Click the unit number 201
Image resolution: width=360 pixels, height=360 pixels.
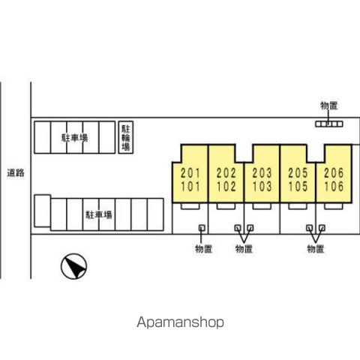coord(190,173)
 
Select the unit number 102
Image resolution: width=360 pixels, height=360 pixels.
coord(226,187)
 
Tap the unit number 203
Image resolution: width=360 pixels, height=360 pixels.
coord(262,173)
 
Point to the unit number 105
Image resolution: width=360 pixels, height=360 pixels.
coord(298,187)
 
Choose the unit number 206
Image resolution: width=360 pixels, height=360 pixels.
coord(334,173)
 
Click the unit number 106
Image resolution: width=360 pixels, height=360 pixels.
coord(334,187)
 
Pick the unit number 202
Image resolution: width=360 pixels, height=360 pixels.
coord(226,173)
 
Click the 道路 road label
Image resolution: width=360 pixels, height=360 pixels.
coord(16,172)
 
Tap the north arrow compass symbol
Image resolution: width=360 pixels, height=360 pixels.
coord(74,266)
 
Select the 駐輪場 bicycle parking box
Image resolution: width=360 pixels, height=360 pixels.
coord(126,137)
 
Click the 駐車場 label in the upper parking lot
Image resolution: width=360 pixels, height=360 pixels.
coord(74,138)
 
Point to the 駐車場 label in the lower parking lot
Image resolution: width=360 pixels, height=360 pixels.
coord(99,214)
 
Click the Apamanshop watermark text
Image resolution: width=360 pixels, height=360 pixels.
coord(180,322)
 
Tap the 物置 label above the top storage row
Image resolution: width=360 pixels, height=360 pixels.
coord(329,106)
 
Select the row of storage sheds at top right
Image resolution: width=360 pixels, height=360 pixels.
coord(328,124)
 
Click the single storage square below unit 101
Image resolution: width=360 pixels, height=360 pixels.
coord(202,228)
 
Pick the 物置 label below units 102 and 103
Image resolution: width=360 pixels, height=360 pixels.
coord(244,249)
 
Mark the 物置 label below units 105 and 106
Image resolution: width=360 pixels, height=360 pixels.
coord(316,249)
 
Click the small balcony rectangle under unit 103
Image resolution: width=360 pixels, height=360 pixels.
coord(262,206)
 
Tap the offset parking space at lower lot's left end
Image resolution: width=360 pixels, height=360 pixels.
coord(43,211)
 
